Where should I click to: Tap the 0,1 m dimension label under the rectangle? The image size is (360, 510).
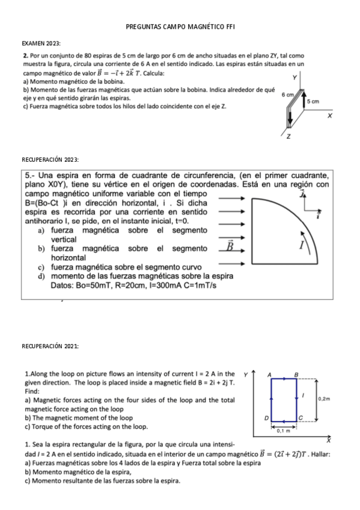284,431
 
